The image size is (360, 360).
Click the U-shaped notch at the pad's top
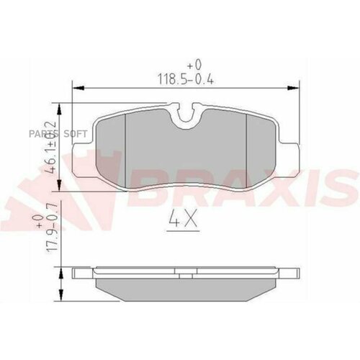point(186,112)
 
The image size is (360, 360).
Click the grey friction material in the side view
point(186,287)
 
